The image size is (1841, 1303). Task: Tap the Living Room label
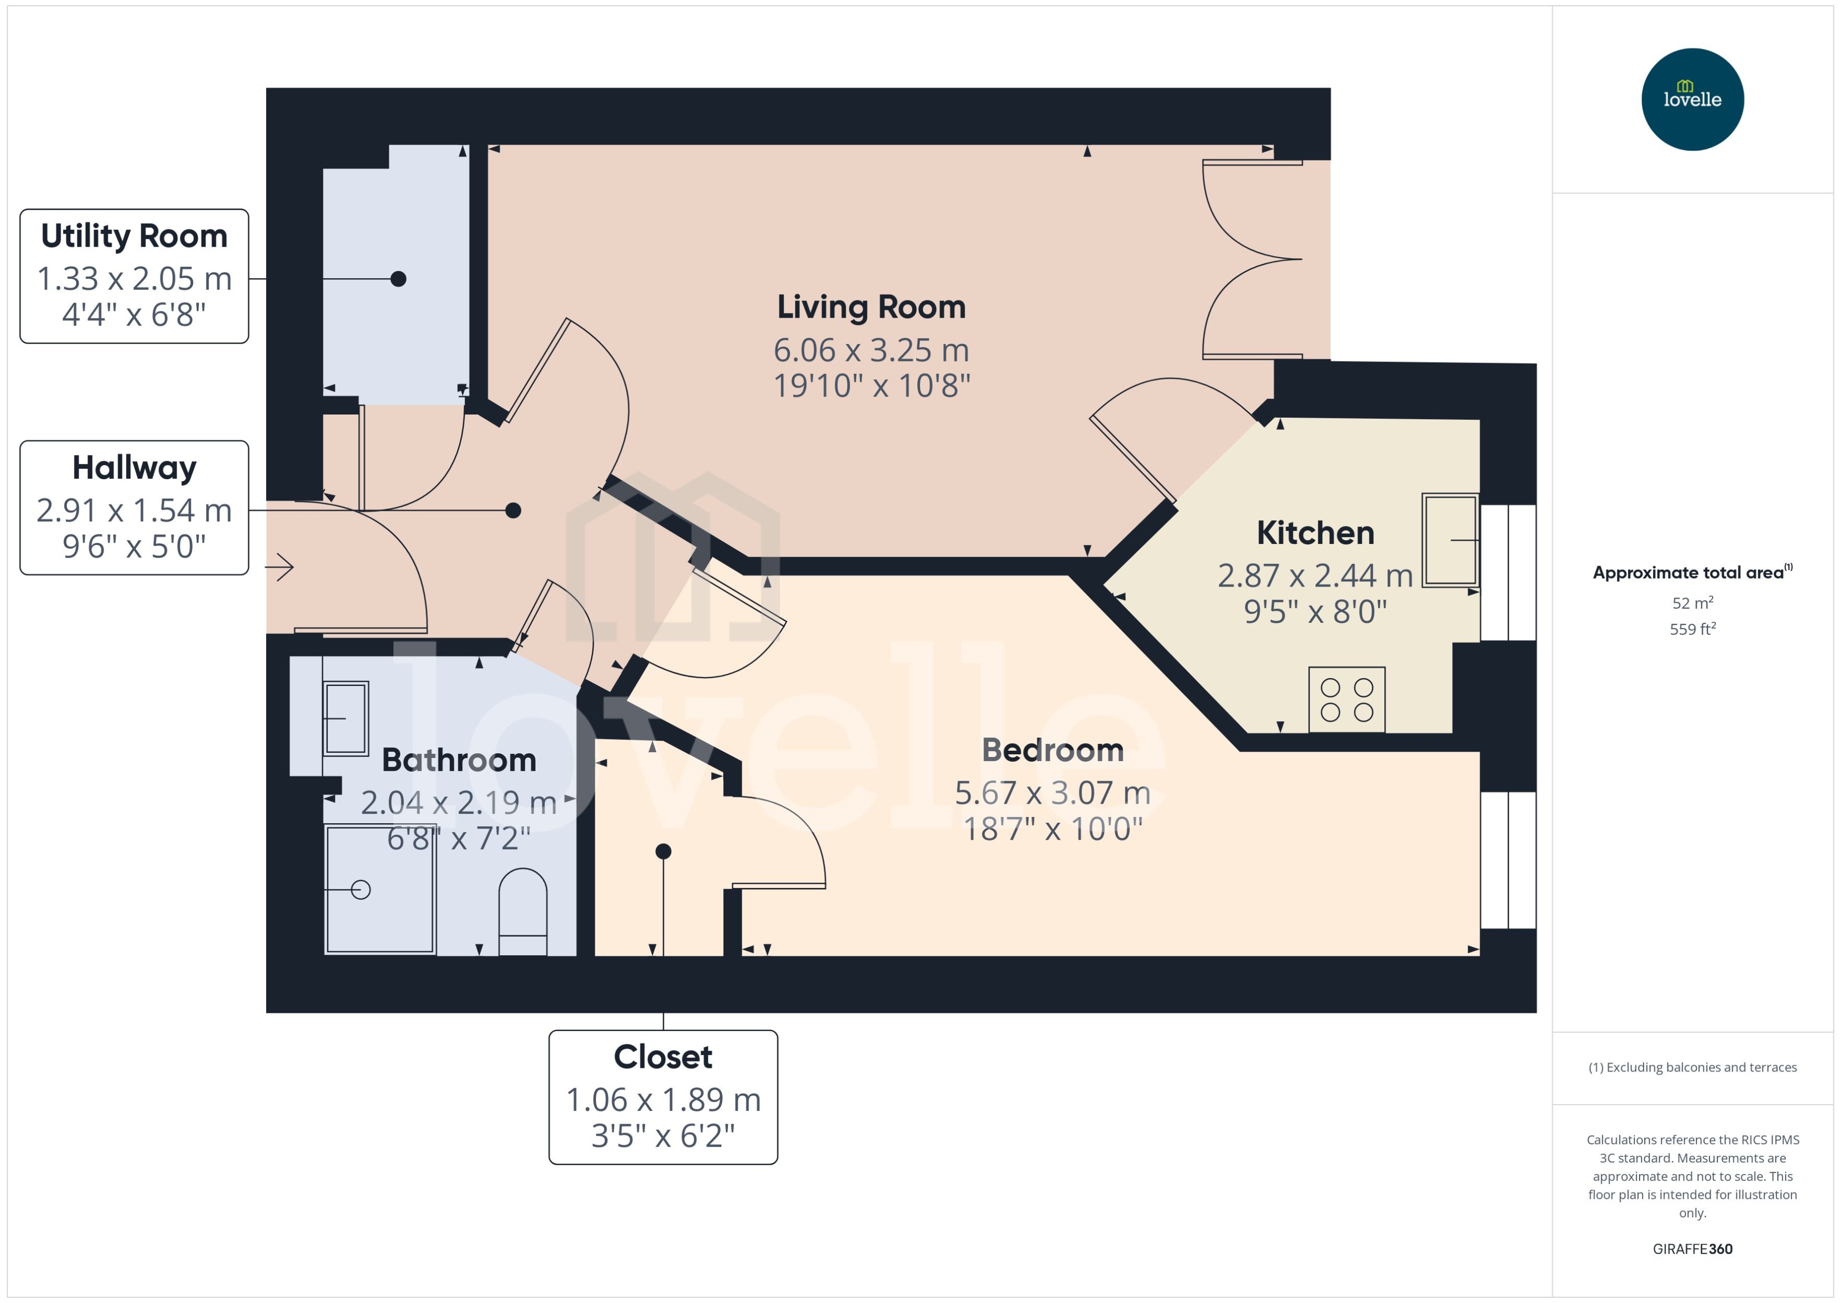(871, 307)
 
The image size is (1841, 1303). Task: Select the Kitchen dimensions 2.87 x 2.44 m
(1315, 575)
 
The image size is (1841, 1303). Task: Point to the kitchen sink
(1450, 540)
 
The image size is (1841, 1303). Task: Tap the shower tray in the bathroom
(380, 890)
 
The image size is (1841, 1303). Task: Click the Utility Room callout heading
(134, 236)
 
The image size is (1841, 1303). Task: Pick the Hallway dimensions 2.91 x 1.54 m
(134, 510)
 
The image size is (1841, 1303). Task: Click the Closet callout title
(663, 1057)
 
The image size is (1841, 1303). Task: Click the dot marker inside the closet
(663, 851)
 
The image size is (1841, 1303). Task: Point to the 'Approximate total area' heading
(1688, 573)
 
